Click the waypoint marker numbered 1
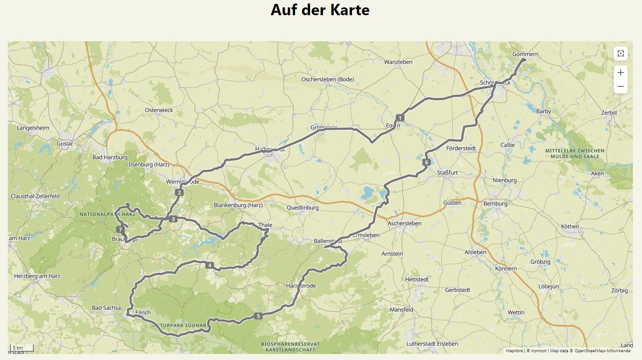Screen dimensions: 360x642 [400, 118]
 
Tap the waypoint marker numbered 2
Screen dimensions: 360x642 [179, 192]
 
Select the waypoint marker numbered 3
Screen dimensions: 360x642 [173, 219]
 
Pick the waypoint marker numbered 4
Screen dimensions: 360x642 [210, 265]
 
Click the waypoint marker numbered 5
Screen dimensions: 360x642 [258, 316]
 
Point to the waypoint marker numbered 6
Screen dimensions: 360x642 [426, 162]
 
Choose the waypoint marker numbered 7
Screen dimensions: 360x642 [120, 229]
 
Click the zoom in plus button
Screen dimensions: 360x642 [620, 73]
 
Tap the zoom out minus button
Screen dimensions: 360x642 [620, 86]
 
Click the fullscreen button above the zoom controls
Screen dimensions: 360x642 [620, 53]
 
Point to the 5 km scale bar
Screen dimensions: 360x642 [22, 348]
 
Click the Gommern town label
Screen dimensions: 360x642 [525, 54]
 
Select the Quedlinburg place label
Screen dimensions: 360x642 [303, 208]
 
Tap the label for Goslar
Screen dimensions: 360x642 [65, 144]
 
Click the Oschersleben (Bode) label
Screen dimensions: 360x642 [327, 79]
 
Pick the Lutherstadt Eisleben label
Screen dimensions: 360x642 [432, 344]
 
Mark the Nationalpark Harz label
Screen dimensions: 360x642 [107, 214]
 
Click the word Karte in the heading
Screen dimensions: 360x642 [349, 10]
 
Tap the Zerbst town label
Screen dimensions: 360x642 [609, 112]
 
